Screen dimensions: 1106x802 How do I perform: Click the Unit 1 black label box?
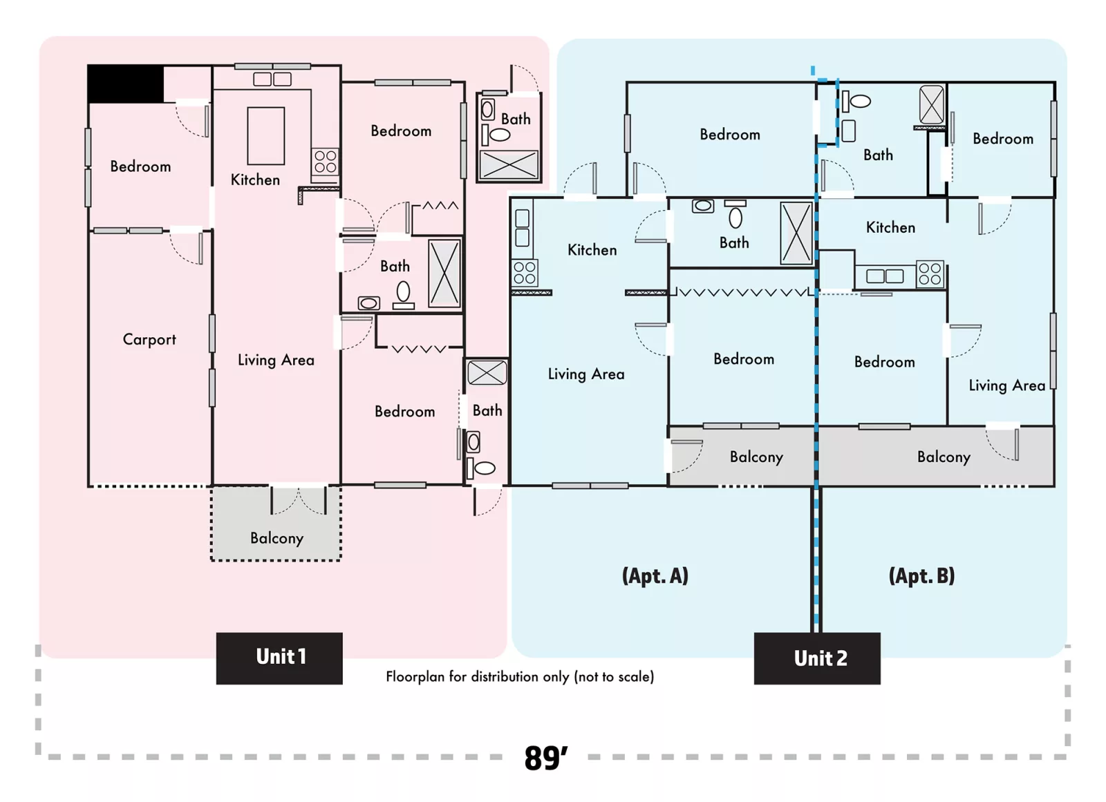279,658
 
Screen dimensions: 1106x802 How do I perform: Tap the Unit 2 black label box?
817,658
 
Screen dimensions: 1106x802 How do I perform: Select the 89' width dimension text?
545,758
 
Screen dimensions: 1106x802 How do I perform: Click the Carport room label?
149,340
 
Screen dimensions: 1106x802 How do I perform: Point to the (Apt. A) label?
655,575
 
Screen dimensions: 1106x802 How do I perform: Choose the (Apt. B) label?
921,575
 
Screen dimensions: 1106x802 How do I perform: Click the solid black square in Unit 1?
125,84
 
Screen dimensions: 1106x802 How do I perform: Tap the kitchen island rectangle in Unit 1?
266,135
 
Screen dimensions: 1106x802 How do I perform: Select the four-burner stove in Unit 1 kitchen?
326,162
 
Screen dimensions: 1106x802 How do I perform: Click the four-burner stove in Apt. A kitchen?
525,273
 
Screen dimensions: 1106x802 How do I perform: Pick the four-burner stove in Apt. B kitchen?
930,274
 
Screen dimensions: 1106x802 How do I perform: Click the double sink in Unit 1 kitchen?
272,79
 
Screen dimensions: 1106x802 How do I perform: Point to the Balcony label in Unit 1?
276,538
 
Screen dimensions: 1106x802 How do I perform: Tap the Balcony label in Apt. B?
944,457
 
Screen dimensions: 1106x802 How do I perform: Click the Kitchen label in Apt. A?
592,250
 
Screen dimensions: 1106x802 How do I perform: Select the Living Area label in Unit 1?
276,361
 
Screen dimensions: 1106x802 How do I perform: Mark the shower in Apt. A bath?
796,233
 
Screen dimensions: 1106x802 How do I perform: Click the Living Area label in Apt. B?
1006,385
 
